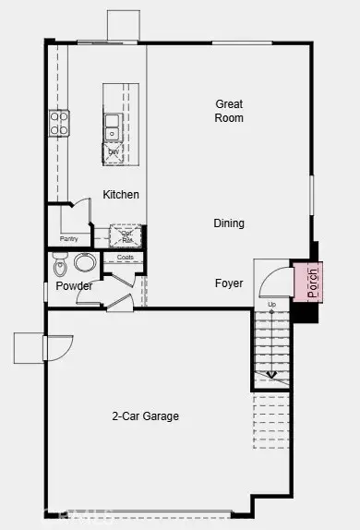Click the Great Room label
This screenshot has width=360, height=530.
pyautogui.click(x=229, y=111)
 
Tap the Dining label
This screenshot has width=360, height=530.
pyautogui.click(x=229, y=223)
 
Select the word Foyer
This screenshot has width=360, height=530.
pyautogui.click(x=229, y=283)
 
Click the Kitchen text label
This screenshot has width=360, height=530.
pyautogui.click(x=121, y=195)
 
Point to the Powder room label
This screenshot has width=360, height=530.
pyautogui.click(x=74, y=286)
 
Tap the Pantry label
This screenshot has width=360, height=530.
pyautogui.click(x=69, y=238)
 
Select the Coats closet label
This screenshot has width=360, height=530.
pyautogui.click(x=125, y=258)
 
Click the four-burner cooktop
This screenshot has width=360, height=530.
pyautogui.click(x=58, y=123)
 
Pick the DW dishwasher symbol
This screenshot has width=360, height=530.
pyautogui.click(x=114, y=152)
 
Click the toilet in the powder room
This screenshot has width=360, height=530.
pyautogui.click(x=61, y=266)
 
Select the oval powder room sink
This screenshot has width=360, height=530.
pyautogui.click(x=85, y=262)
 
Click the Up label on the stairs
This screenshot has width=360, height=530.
pyautogui.click(x=271, y=304)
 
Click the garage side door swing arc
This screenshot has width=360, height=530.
pyautogui.click(x=57, y=348)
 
